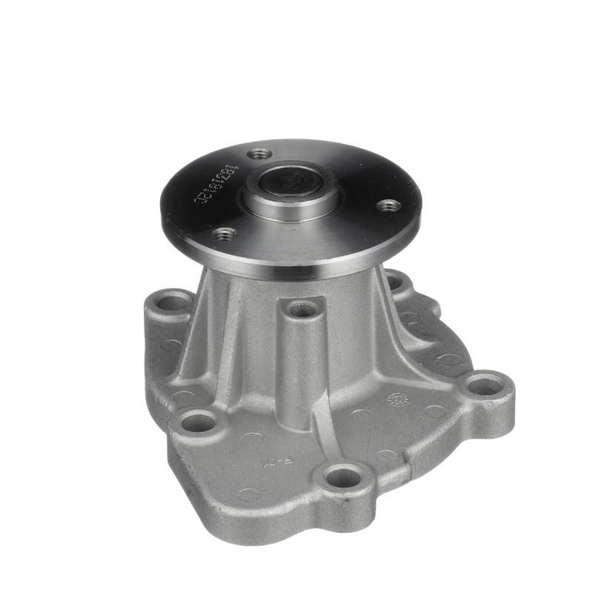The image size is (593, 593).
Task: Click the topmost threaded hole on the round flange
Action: pyautogui.click(x=259, y=154)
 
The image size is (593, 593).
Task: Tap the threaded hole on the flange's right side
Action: pyautogui.click(x=388, y=205)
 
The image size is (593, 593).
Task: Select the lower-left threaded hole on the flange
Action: pyautogui.click(x=225, y=234)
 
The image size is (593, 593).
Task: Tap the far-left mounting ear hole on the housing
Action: pyautogui.click(x=174, y=302)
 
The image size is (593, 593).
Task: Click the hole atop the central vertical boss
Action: pyautogui.click(x=302, y=309)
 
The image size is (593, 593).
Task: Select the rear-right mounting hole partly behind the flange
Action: pyautogui.click(x=395, y=282)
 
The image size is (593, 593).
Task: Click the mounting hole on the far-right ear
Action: pyautogui.click(x=485, y=385)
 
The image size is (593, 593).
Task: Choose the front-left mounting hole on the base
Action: pyautogui.click(x=199, y=423)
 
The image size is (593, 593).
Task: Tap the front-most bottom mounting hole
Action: pyautogui.click(x=343, y=477)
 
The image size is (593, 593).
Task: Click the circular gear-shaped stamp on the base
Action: pyautogui.click(x=398, y=400)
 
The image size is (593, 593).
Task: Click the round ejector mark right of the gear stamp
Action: pyautogui.click(x=434, y=411)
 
